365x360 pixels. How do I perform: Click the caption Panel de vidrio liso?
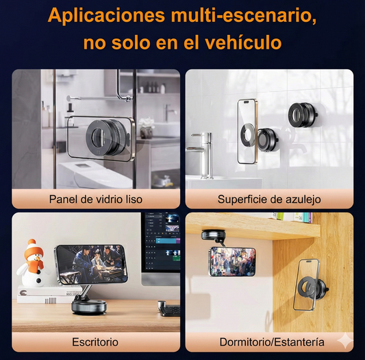pyautogui.click(x=96, y=199)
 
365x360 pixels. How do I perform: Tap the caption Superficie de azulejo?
pyautogui.click(x=269, y=199)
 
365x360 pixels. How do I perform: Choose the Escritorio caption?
pyautogui.click(x=95, y=341)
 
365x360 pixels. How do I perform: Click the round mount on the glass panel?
pyautogui.click(x=105, y=138)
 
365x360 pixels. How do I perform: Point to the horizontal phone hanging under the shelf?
pyautogui.click(x=231, y=261)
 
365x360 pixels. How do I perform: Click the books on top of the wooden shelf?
pyautogui.click(x=290, y=217)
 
